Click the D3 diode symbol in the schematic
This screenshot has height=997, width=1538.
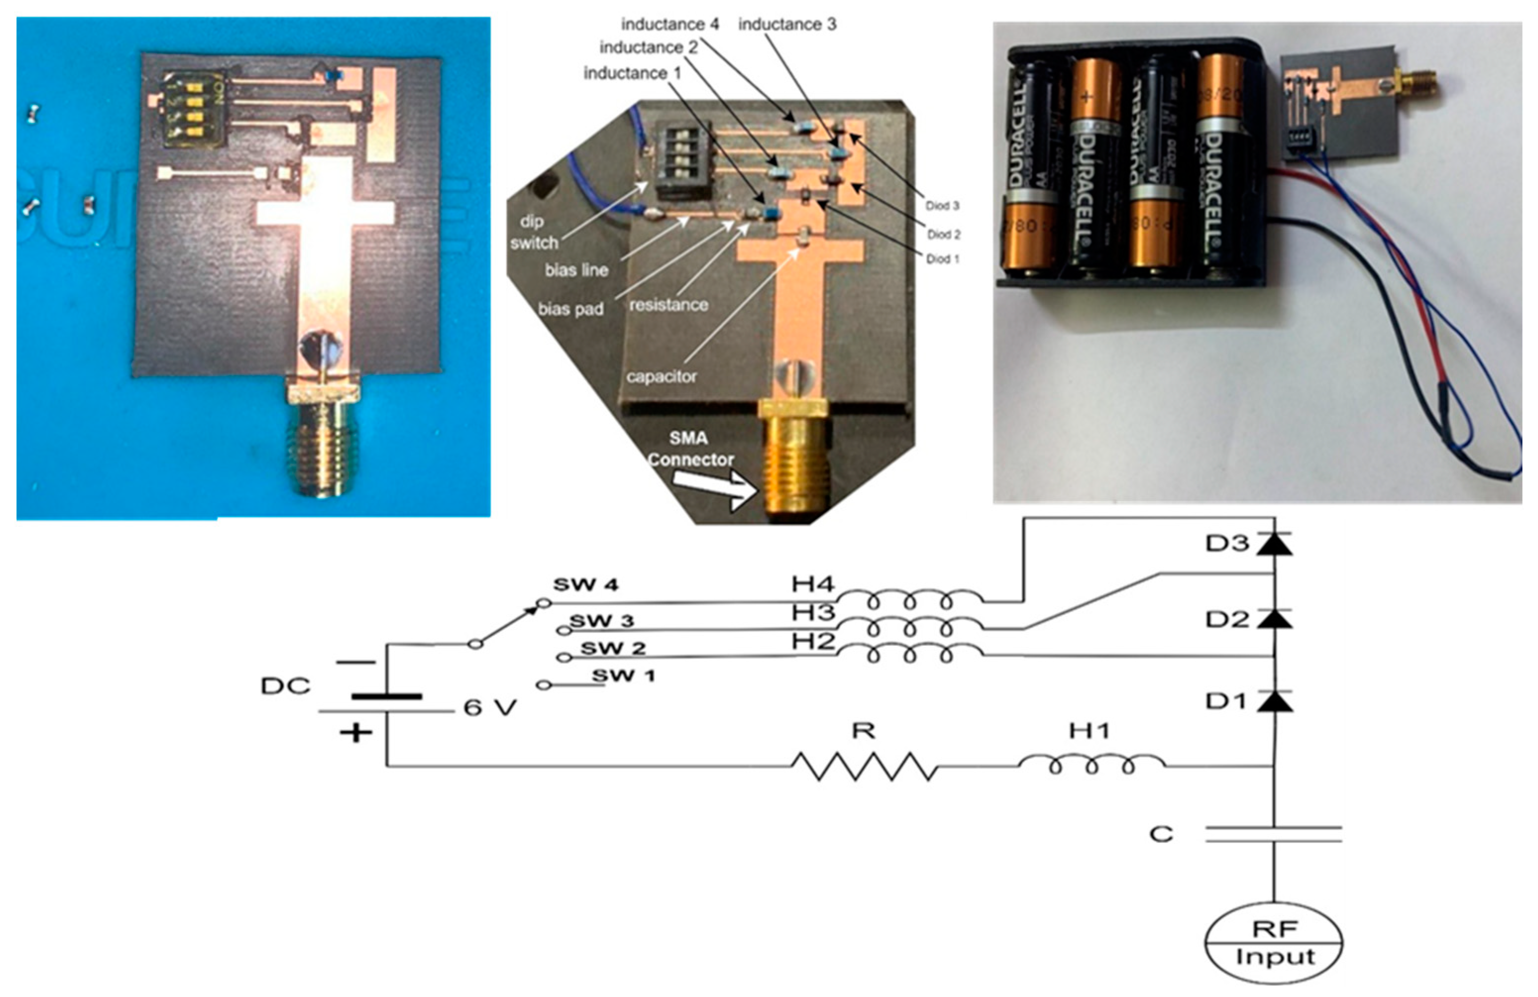tap(1274, 544)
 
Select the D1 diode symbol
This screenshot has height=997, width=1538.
tap(1274, 700)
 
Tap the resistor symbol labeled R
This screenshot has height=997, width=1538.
tap(864, 766)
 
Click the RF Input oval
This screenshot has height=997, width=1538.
tap(1273, 943)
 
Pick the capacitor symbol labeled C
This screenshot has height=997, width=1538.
tap(1273, 834)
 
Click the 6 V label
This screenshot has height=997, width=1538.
tap(489, 708)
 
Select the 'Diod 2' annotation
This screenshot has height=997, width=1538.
tap(943, 234)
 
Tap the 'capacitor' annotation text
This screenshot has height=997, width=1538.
tap(661, 376)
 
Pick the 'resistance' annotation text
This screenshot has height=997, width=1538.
tap(668, 304)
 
